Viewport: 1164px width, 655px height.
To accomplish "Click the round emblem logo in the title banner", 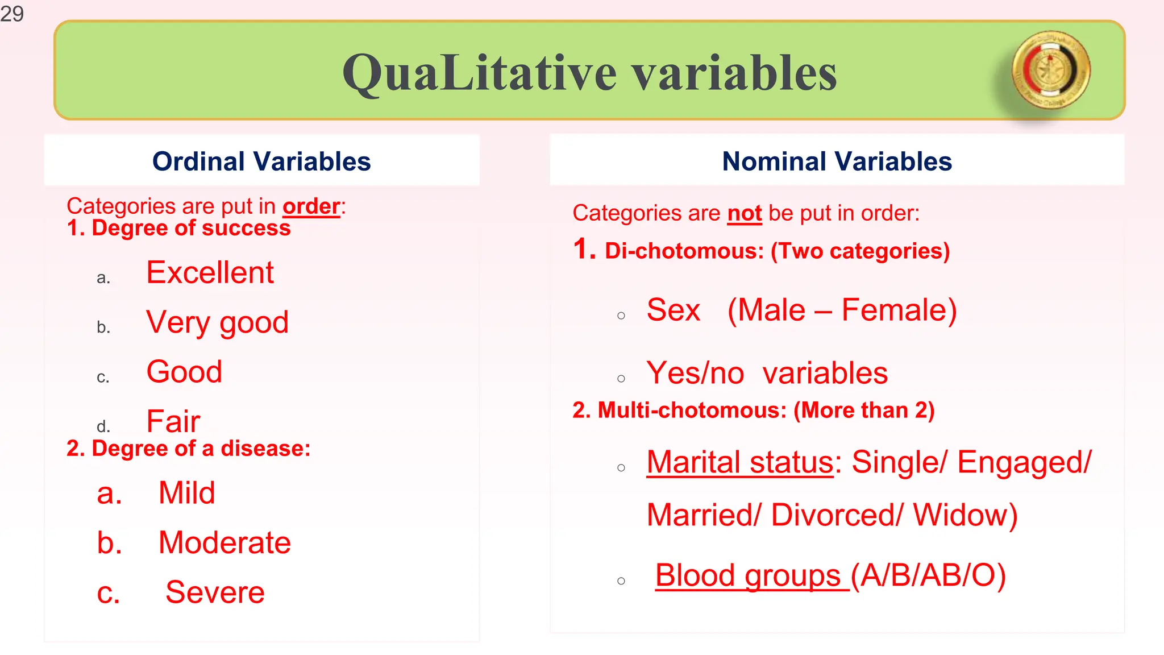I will [x=1051, y=70].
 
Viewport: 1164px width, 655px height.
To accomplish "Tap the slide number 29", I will [x=12, y=14].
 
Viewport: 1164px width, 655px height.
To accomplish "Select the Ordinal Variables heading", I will [x=261, y=161].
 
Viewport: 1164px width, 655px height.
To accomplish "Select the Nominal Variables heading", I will [x=837, y=161].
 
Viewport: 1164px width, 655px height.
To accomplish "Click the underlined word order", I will [x=311, y=206].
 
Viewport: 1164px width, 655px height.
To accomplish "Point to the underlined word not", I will [x=744, y=213].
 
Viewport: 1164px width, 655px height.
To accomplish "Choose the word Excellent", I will [x=210, y=272].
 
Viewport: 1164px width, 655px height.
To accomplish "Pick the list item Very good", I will [x=217, y=322].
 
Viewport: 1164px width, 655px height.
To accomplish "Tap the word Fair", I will [x=173, y=421].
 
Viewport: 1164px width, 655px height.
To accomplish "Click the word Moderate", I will [x=225, y=542].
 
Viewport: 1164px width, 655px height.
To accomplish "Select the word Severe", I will [x=215, y=592].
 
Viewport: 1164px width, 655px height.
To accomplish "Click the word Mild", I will [x=186, y=493].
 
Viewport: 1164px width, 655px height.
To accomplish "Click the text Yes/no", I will [x=695, y=374].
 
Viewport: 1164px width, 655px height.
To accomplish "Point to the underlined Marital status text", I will [x=739, y=462].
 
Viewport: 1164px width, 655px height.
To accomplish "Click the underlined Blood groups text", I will [x=748, y=575].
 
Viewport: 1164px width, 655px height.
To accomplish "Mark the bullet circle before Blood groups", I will [x=621, y=581].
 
